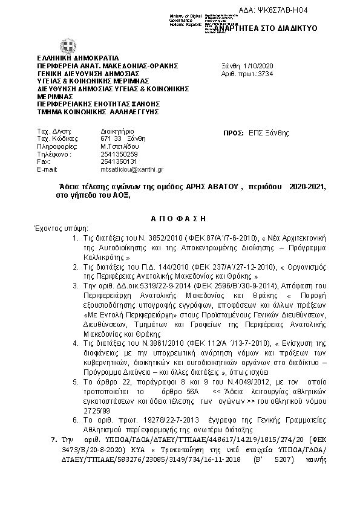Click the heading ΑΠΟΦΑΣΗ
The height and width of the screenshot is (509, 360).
(x=178, y=217)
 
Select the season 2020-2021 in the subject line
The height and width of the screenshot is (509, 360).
(x=307, y=187)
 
